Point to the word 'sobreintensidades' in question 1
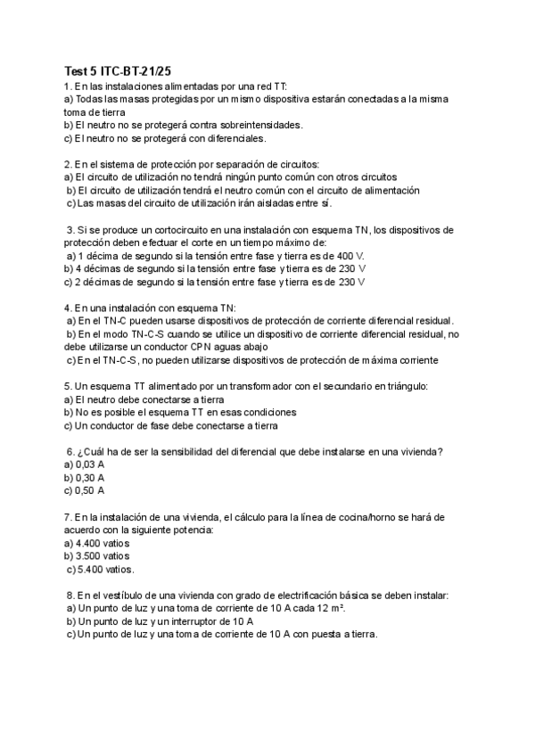point(258,125)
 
